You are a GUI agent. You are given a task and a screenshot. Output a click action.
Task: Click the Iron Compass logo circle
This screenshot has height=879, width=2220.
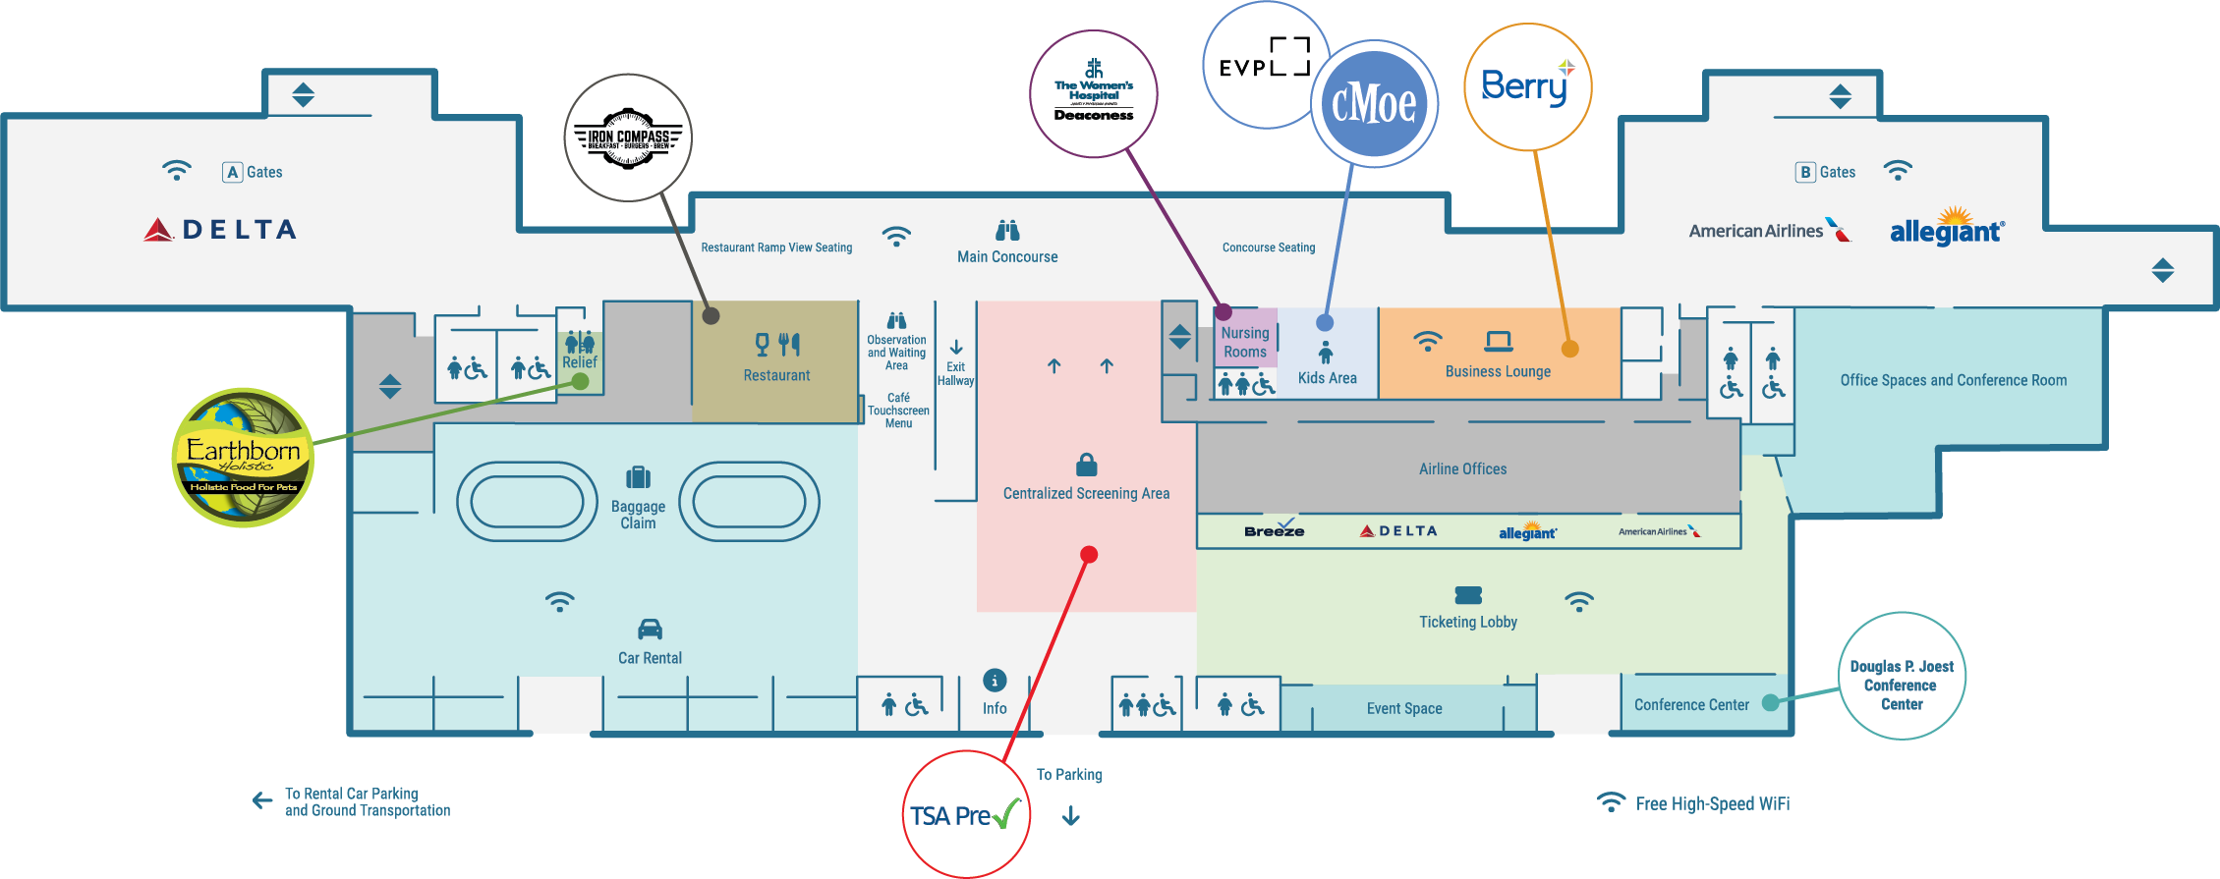click(x=628, y=138)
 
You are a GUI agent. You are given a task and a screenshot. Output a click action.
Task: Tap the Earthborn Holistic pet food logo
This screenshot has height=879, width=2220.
click(x=243, y=458)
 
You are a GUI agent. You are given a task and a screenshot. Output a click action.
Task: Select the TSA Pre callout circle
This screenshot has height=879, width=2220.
click(x=965, y=815)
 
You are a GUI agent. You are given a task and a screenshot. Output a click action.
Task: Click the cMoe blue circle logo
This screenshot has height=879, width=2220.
click(x=1374, y=104)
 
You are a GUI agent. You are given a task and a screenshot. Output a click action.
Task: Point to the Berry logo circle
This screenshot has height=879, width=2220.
click(x=1527, y=87)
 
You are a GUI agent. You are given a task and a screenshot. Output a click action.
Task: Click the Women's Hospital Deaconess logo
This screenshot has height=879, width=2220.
click(x=1093, y=94)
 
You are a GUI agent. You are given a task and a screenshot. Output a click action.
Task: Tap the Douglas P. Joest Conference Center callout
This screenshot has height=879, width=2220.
click(x=1901, y=677)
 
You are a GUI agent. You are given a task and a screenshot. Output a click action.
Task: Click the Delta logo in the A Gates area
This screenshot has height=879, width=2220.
click(x=220, y=230)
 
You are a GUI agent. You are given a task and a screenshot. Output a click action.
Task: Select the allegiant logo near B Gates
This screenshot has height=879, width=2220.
click(x=1947, y=230)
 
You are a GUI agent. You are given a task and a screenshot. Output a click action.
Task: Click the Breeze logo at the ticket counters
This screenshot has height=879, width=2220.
click(x=1275, y=529)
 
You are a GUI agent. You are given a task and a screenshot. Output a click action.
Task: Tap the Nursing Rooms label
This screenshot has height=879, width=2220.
click(x=1245, y=342)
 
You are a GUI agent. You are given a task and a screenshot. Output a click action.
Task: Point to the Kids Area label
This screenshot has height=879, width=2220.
click(x=1327, y=378)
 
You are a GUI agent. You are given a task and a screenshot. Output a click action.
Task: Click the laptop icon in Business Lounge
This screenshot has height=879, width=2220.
click(x=1498, y=341)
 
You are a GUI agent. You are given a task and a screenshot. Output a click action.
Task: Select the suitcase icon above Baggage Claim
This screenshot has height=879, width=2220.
click(x=638, y=477)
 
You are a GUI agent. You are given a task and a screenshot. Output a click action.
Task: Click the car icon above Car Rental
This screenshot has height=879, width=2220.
click(x=650, y=629)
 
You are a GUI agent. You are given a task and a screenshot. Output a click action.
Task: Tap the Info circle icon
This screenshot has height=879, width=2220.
click(x=995, y=680)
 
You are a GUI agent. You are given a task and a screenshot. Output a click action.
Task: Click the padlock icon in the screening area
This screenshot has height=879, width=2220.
click(x=1086, y=464)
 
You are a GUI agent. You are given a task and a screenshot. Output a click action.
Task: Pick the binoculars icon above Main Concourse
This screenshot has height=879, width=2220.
click(x=1007, y=231)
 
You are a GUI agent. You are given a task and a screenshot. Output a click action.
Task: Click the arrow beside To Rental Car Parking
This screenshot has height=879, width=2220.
click(x=262, y=800)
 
